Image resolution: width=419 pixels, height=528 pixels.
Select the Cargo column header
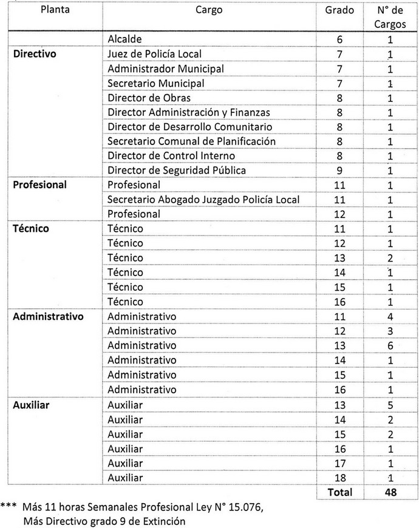209,10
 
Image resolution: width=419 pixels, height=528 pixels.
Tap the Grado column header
339,10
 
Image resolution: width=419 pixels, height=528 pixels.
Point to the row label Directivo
35,54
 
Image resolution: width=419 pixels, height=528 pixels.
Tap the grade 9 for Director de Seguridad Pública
339,171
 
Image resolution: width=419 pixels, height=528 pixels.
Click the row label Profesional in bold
40,185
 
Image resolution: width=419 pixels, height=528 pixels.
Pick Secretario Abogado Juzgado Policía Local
203,200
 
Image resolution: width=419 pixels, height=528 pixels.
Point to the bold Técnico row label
31,229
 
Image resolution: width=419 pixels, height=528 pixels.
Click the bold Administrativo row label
48,316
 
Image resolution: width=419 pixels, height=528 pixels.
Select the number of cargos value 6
390,346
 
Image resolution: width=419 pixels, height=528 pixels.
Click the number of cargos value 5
390,404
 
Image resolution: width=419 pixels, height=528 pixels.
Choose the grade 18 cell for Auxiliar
339,478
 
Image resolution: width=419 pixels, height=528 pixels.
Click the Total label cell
339,493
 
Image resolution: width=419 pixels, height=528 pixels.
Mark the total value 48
390,493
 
